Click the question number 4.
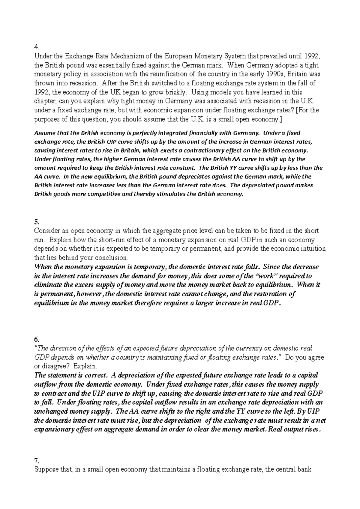(x=37, y=47)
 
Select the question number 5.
(x=37, y=222)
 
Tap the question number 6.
(x=37, y=339)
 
